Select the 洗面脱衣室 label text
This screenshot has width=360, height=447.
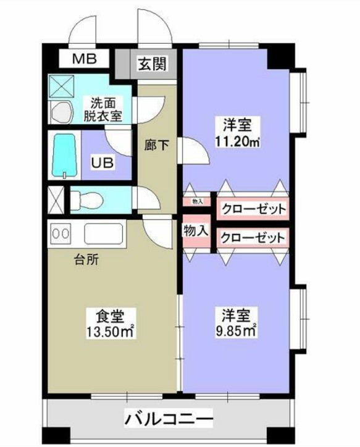tap(103, 108)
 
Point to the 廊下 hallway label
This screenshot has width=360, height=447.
tap(156, 146)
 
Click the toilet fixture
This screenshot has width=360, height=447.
tap(86, 199)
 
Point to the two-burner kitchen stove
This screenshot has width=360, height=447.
tap(62, 234)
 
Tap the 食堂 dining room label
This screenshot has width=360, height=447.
tap(112, 317)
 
